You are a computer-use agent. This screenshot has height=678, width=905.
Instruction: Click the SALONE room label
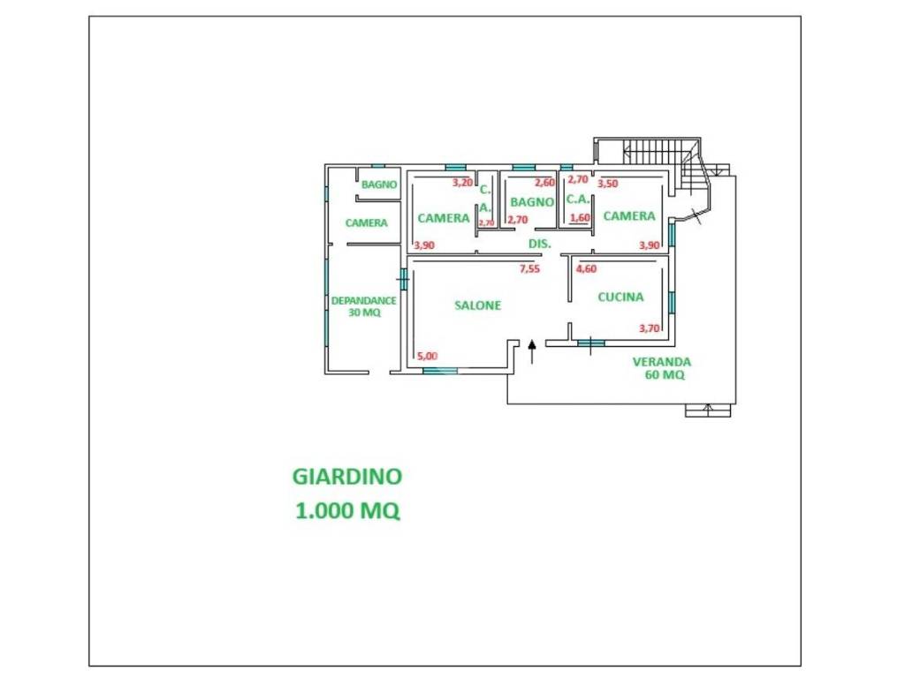477,305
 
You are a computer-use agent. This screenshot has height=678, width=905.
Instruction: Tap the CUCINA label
620,297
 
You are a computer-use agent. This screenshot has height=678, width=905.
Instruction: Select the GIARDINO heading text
346,476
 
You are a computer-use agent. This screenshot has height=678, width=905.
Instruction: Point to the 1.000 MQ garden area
347,510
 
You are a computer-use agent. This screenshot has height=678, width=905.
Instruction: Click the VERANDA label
661,362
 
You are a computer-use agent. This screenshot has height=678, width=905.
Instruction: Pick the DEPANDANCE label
363,300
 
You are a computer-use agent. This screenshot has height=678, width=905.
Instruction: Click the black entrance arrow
531,351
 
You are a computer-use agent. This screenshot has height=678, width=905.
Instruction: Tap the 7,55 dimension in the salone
529,268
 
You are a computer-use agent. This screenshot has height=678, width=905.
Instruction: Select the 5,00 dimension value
427,356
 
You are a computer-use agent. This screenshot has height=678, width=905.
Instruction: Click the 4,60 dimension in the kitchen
587,268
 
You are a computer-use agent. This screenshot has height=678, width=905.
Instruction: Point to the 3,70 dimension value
649,328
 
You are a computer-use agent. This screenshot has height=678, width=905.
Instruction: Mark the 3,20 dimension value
462,183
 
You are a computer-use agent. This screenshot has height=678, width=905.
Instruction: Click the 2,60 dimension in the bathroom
544,183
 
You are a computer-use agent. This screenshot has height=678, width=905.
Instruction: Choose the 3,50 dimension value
607,184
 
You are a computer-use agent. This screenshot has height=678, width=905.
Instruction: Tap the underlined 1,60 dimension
580,218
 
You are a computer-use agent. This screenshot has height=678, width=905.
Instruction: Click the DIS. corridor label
540,244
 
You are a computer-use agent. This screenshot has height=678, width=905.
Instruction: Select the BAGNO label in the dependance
379,185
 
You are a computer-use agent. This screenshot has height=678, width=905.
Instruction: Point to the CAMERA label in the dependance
367,222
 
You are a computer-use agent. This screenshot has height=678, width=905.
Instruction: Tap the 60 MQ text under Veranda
665,374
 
